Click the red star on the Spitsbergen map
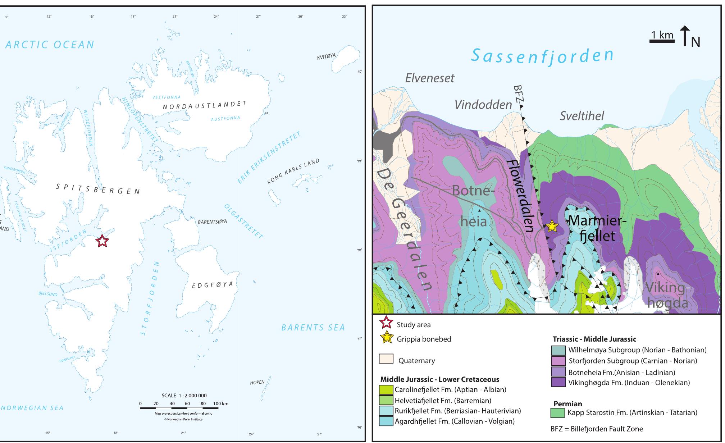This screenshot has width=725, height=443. [102, 241]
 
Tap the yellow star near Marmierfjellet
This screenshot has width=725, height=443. [552, 226]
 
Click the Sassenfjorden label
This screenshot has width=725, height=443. [542, 56]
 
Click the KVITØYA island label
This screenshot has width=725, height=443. [326, 56]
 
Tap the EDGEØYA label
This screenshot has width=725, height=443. [212, 285]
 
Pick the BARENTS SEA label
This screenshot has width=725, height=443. [313, 328]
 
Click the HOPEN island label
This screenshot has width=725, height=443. [257, 382]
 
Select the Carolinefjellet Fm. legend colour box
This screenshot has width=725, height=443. [386, 389]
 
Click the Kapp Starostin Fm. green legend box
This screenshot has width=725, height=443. [557, 413]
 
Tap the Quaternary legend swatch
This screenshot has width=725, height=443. [386, 359]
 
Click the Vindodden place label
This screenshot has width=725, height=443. [483, 105]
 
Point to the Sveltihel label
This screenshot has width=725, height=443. [582, 116]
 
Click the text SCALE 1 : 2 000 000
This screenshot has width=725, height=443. [184, 396]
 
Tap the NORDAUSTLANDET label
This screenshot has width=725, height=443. [205, 105]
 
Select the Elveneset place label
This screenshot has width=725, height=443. [430, 78]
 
